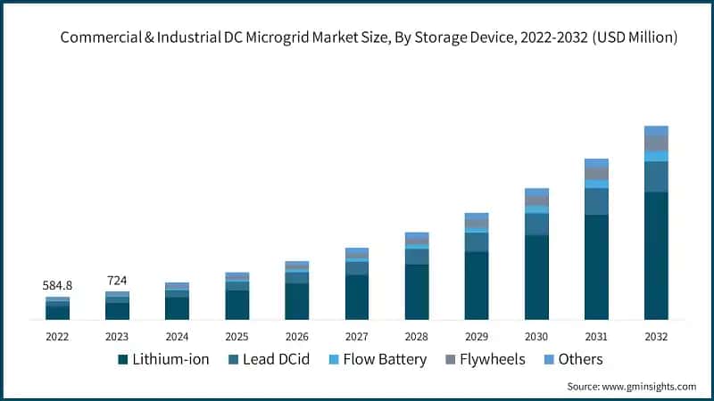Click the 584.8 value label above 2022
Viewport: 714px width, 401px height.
pyautogui.click(x=57, y=285)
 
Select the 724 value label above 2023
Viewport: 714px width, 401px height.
pyautogui.click(x=117, y=281)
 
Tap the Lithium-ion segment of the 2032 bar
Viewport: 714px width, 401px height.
pyautogui.click(x=656, y=255)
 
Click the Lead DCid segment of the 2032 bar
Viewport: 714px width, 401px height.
pyautogui.click(x=656, y=176)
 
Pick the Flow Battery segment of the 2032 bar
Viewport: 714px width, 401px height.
pyautogui.click(x=656, y=156)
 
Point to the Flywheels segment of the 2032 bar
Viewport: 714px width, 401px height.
pyautogui.click(x=656, y=143)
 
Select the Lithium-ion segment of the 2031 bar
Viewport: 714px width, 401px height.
pyautogui.click(x=596, y=266)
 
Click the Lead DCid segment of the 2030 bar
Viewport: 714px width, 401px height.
pyautogui.click(x=536, y=224)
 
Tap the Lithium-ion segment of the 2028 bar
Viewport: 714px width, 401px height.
pyautogui.click(x=417, y=291)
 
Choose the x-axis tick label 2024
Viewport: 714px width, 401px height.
pyautogui.click(x=177, y=337)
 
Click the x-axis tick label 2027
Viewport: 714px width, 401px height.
pyautogui.click(x=357, y=337)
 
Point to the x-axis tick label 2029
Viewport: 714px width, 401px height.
pyautogui.click(x=477, y=337)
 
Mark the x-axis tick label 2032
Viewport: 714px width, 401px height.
pyautogui.click(x=656, y=337)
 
